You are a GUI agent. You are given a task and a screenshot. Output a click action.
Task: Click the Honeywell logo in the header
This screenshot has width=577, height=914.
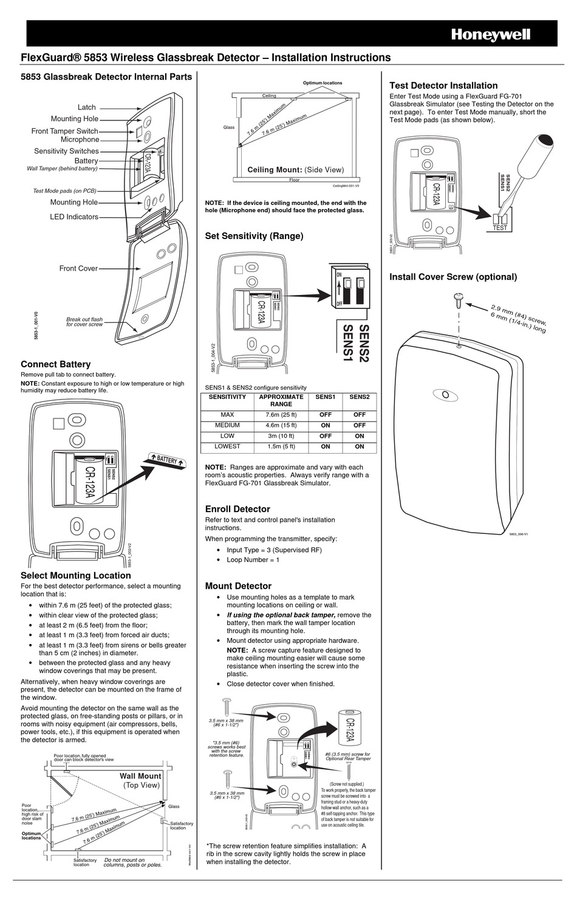(x=490, y=35)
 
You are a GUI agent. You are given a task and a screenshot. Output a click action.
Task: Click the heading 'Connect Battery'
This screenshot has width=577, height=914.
(x=56, y=364)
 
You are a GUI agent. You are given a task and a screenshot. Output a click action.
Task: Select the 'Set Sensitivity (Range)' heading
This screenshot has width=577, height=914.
(x=254, y=236)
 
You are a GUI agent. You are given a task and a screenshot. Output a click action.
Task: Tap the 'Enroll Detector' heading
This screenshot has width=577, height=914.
(x=237, y=509)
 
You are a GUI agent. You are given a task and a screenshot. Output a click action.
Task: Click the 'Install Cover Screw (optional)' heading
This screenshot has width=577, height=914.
(x=453, y=277)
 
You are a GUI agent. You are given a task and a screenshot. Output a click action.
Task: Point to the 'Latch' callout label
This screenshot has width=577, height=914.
(x=87, y=108)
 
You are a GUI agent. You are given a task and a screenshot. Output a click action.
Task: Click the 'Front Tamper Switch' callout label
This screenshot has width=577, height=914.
(x=65, y=131)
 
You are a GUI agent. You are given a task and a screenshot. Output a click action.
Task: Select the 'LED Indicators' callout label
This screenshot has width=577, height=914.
(x=74, y=217)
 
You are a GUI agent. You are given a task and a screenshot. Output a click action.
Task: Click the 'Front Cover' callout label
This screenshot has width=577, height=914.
(x=78, y=268)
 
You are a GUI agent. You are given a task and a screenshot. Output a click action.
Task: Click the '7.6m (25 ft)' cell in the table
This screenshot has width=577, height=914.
(x=281, y=415)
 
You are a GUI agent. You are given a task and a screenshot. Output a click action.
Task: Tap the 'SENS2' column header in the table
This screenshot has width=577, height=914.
(x=359, y=397)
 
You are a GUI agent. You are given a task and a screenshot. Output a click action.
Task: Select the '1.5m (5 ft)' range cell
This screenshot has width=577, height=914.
(x=281, y=446)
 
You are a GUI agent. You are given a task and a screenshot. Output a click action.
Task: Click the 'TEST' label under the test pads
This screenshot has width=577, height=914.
(x=500, y=228)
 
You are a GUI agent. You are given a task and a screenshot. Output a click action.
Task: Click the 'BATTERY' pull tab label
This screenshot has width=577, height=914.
(x=165, y=460)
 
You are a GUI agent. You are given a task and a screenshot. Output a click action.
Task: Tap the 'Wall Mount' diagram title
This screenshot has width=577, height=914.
(x=140, y=776)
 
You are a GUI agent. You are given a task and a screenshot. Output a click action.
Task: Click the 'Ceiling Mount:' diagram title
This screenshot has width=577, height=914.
(x=275, y=170)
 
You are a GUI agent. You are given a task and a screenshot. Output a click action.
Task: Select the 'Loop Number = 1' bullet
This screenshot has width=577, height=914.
(x=253, y=559)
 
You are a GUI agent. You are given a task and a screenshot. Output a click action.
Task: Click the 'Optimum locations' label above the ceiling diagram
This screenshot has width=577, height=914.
(x=323, y=83)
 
